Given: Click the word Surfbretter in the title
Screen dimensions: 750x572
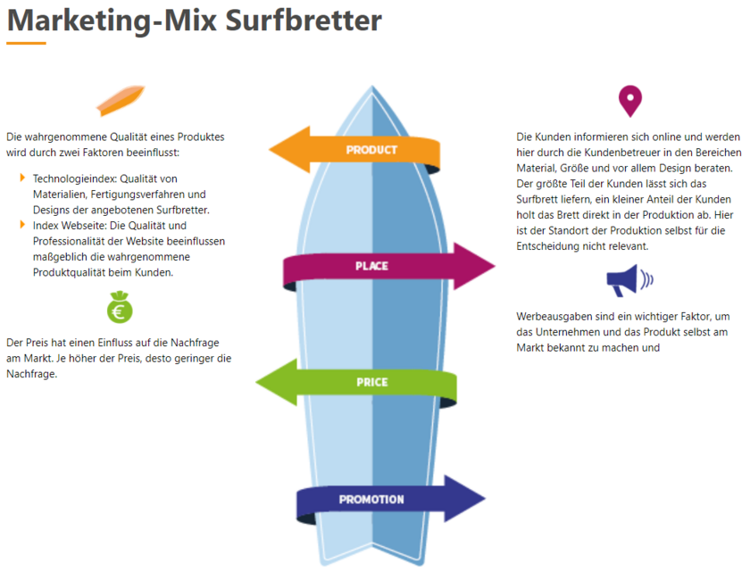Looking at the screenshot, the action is [x=304, y=21].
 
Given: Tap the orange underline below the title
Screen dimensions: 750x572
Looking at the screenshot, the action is [x=26, y=43].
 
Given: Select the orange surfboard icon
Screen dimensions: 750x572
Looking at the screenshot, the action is [x=120, y=100].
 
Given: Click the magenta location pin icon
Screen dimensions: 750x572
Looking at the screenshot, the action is [x=630, y=101].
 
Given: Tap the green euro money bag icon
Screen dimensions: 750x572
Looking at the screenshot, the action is [x=120, y=307].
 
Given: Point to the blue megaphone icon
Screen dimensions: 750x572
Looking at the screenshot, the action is [x=629, y=280].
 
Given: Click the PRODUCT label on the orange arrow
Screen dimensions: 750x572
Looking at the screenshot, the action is [x=371, y=150].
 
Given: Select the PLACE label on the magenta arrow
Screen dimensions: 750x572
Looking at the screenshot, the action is [x=371, y=266].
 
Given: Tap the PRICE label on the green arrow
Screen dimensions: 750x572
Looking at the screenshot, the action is [x=372, y=382].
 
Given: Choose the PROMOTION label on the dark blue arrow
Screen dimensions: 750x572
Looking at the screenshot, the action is [x=371, y=500].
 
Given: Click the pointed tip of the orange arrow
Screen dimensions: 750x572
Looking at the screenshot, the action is [x=270, y=150].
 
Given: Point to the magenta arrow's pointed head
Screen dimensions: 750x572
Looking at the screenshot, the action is [x=495, y=266].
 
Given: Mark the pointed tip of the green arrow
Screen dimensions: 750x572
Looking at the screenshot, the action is [x=256, y=382].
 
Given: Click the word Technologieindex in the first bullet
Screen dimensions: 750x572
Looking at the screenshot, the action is [x=75, y=179].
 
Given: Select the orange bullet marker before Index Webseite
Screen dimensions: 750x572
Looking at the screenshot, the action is [x=22, y=225].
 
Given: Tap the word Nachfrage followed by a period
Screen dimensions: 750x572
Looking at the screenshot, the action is [x=31, y=374].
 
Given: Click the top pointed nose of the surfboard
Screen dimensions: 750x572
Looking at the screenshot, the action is [x=372, y=86].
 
